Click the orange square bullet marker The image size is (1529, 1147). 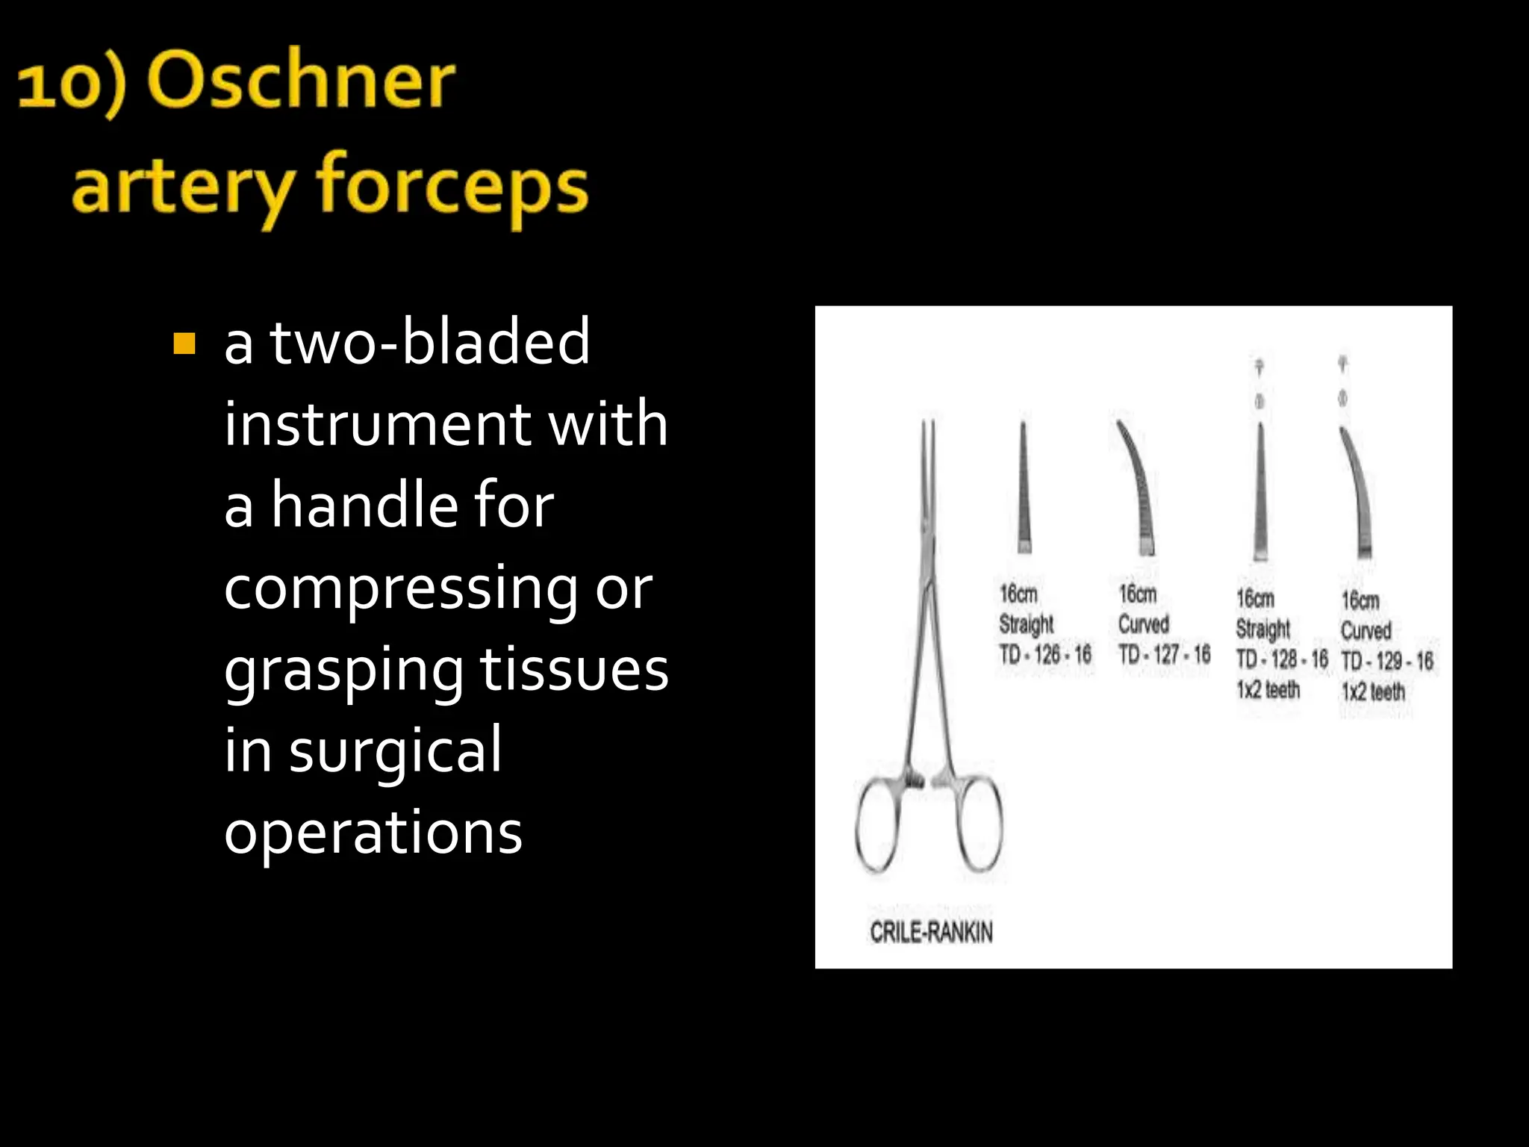184,344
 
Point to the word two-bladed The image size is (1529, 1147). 429,342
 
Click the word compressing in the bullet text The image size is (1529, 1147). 400,588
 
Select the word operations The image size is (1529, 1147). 373,832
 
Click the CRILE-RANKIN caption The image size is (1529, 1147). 931,932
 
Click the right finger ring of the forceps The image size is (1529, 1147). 978,824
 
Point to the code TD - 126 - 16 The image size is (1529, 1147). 1044,655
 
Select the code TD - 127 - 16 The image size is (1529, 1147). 1164,655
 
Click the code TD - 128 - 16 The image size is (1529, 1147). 1281,659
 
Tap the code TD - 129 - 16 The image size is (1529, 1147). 1387,661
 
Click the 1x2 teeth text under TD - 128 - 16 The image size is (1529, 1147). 1268,689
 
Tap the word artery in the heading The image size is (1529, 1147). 183,187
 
